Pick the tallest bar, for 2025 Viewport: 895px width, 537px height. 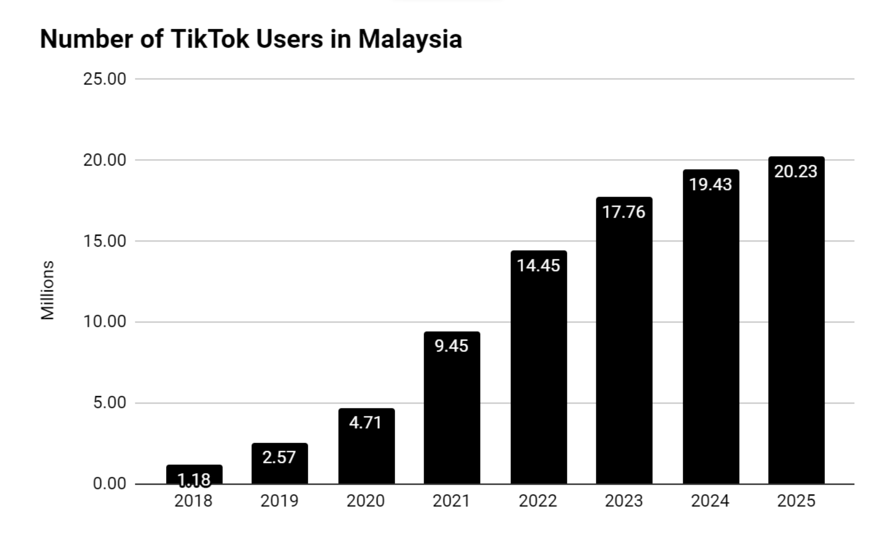[x=796, y=323]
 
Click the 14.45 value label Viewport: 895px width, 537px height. [x=538, y=266]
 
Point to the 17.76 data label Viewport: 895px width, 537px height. [x=624, y=212]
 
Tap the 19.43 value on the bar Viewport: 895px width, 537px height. [x=710, y=184]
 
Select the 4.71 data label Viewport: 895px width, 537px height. [x=365, y=423]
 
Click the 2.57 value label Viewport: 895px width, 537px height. [x=279, y=457]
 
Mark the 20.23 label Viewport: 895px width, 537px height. [x=796, y=172]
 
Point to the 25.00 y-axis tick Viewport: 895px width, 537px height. [x=104, y=79]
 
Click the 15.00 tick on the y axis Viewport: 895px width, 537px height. [x=104, y=241]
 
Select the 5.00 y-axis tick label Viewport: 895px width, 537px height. [x=109, y=403]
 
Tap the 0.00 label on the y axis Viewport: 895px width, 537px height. [x=109, y=484]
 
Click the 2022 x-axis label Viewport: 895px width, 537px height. [x=537, y=501]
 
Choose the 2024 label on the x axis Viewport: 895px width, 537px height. [x=710, y=501]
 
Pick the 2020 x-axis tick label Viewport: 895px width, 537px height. [x=365, y=501]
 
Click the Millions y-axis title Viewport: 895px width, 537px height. [x=47, y=290]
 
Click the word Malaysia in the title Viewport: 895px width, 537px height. [x=410, y=39]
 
